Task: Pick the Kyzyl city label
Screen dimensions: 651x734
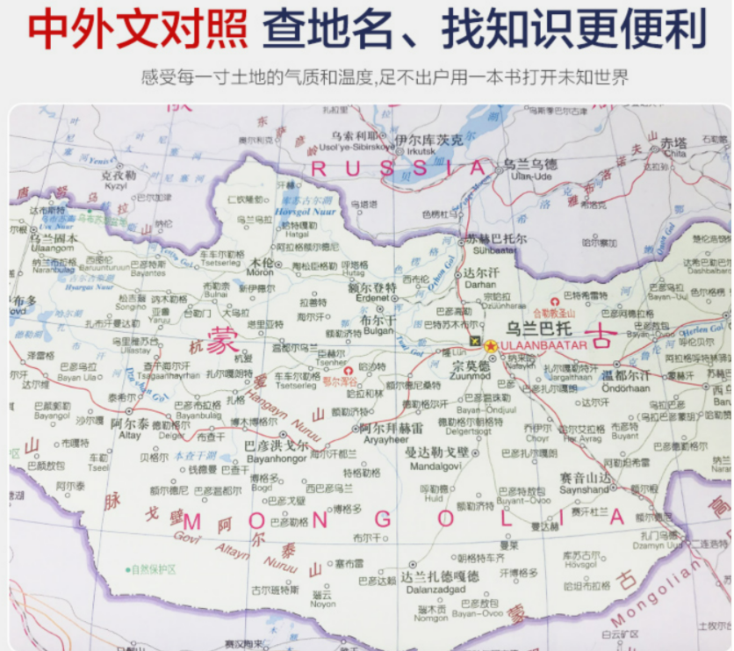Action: (x=115, y=186)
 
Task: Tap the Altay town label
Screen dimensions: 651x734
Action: (x=130, y=434)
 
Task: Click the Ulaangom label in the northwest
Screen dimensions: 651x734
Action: (x=52, y=249)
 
